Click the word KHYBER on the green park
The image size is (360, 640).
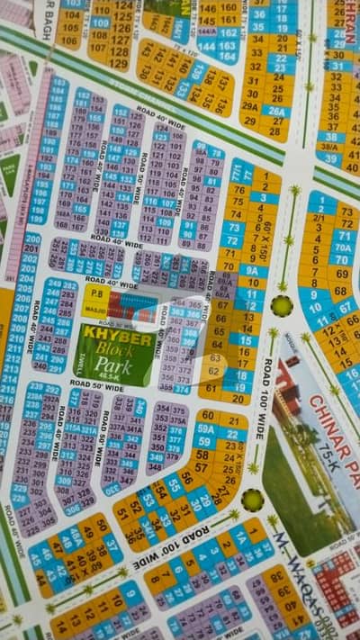[x=114, y=338]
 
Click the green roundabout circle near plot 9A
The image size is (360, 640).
[x=283, y=306]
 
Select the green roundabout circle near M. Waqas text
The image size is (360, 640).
[x=252, y=500]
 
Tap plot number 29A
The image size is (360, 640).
[x=255, y=105]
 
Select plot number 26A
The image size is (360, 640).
[x=276, y=112]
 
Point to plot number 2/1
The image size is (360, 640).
[x=318, y=218]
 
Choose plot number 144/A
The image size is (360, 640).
[x=206, y=44]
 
